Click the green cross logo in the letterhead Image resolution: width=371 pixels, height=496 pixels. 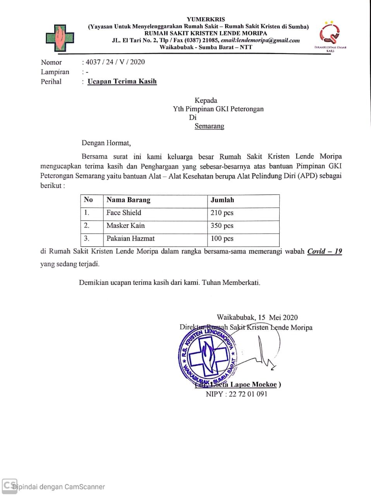tap(60, 38)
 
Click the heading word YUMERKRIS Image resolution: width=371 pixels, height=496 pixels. tap(206, 19)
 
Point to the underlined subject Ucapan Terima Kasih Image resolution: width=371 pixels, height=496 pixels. tap(122, 81)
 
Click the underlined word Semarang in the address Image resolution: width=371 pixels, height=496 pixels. tap(209, 126)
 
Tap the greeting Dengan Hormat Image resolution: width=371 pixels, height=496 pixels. tap(106, 143)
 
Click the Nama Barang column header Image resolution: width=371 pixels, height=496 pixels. tap(128, 200)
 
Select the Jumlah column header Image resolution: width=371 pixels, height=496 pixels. tap(222, 200)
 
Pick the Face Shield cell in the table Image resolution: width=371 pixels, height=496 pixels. tap(124, 213)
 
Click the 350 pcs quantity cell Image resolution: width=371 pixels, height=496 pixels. tap(222, 226)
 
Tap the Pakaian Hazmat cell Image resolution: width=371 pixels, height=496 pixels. tap(131, 238)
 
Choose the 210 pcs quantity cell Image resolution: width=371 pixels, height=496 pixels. tap(222, 213)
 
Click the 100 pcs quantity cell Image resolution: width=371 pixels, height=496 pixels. tap(222, 238)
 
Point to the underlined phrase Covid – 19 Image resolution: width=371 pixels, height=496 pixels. tap(325, 251)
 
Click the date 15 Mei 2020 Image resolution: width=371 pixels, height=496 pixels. tap(278, 317)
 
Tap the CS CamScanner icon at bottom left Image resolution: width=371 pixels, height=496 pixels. tap(9, 485)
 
